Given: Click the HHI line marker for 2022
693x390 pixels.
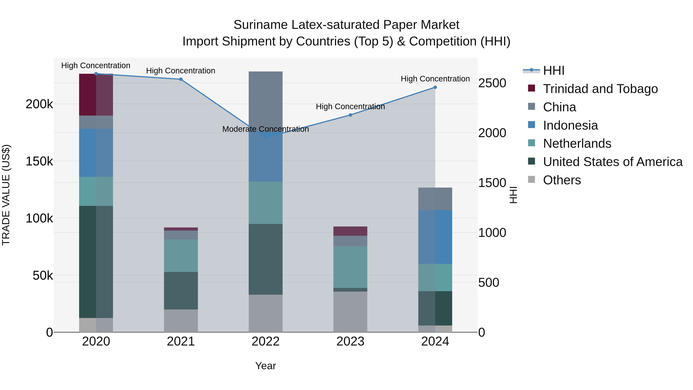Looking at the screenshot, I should pyautogui.click(x=265, y=137).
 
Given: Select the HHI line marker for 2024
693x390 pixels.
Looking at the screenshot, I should pyautogui.click(x=435, y=87).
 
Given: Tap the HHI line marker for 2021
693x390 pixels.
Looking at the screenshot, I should pyautogui.click(x=181, y=79).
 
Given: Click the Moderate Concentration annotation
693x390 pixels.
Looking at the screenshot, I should pyautogui.click(x=265, y=129).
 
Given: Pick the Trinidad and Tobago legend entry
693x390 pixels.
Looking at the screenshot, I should pyautogui.click(x=600, y=89).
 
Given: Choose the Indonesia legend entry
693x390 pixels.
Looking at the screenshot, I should pyautogui.click(x=570, y=125).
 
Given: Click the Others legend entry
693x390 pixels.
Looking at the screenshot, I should pyautogui.click(x=562, y=180).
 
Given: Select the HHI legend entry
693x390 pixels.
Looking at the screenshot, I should pyautogui.click(x=554, y=70).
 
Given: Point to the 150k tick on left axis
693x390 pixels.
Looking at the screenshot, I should pyautogui.click(x=39, y=162).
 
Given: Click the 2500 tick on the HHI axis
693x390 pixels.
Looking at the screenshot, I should pyautogui.click(x=492, y=83).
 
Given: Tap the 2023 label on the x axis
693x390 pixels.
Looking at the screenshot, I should pyautogui.click(x=350, y=341).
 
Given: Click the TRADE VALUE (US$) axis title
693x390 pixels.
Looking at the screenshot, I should pyautogui.click(x=6, y=195).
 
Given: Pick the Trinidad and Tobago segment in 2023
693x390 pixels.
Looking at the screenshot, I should pyautogui.click(x=350, y=231).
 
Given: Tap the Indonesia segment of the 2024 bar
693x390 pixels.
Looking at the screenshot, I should pyautogui.click(x=435, y=237).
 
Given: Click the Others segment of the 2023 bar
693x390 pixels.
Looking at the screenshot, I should pyautogui.click(x=350, y=312).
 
